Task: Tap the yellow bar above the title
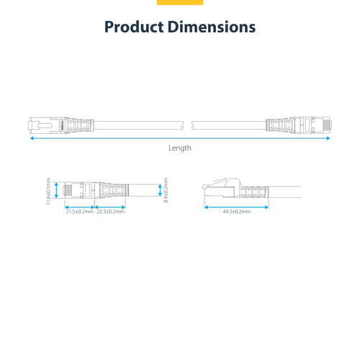click(180, 2)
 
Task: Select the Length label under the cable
click(180, 148)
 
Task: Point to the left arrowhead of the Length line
click(31, 140)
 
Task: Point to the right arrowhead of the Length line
click(329, 140)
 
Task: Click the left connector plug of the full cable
click(45, 124)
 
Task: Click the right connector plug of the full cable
click(317, 124)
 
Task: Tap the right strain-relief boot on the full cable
click(281, 124)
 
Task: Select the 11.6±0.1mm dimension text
click(48, 192)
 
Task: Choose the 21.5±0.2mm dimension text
click(79, 212)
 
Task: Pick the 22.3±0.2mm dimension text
click(109, 212)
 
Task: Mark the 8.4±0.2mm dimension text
click(166, 190)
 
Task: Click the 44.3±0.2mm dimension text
click(236, 212)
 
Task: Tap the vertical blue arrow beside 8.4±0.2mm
click(160, 190)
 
